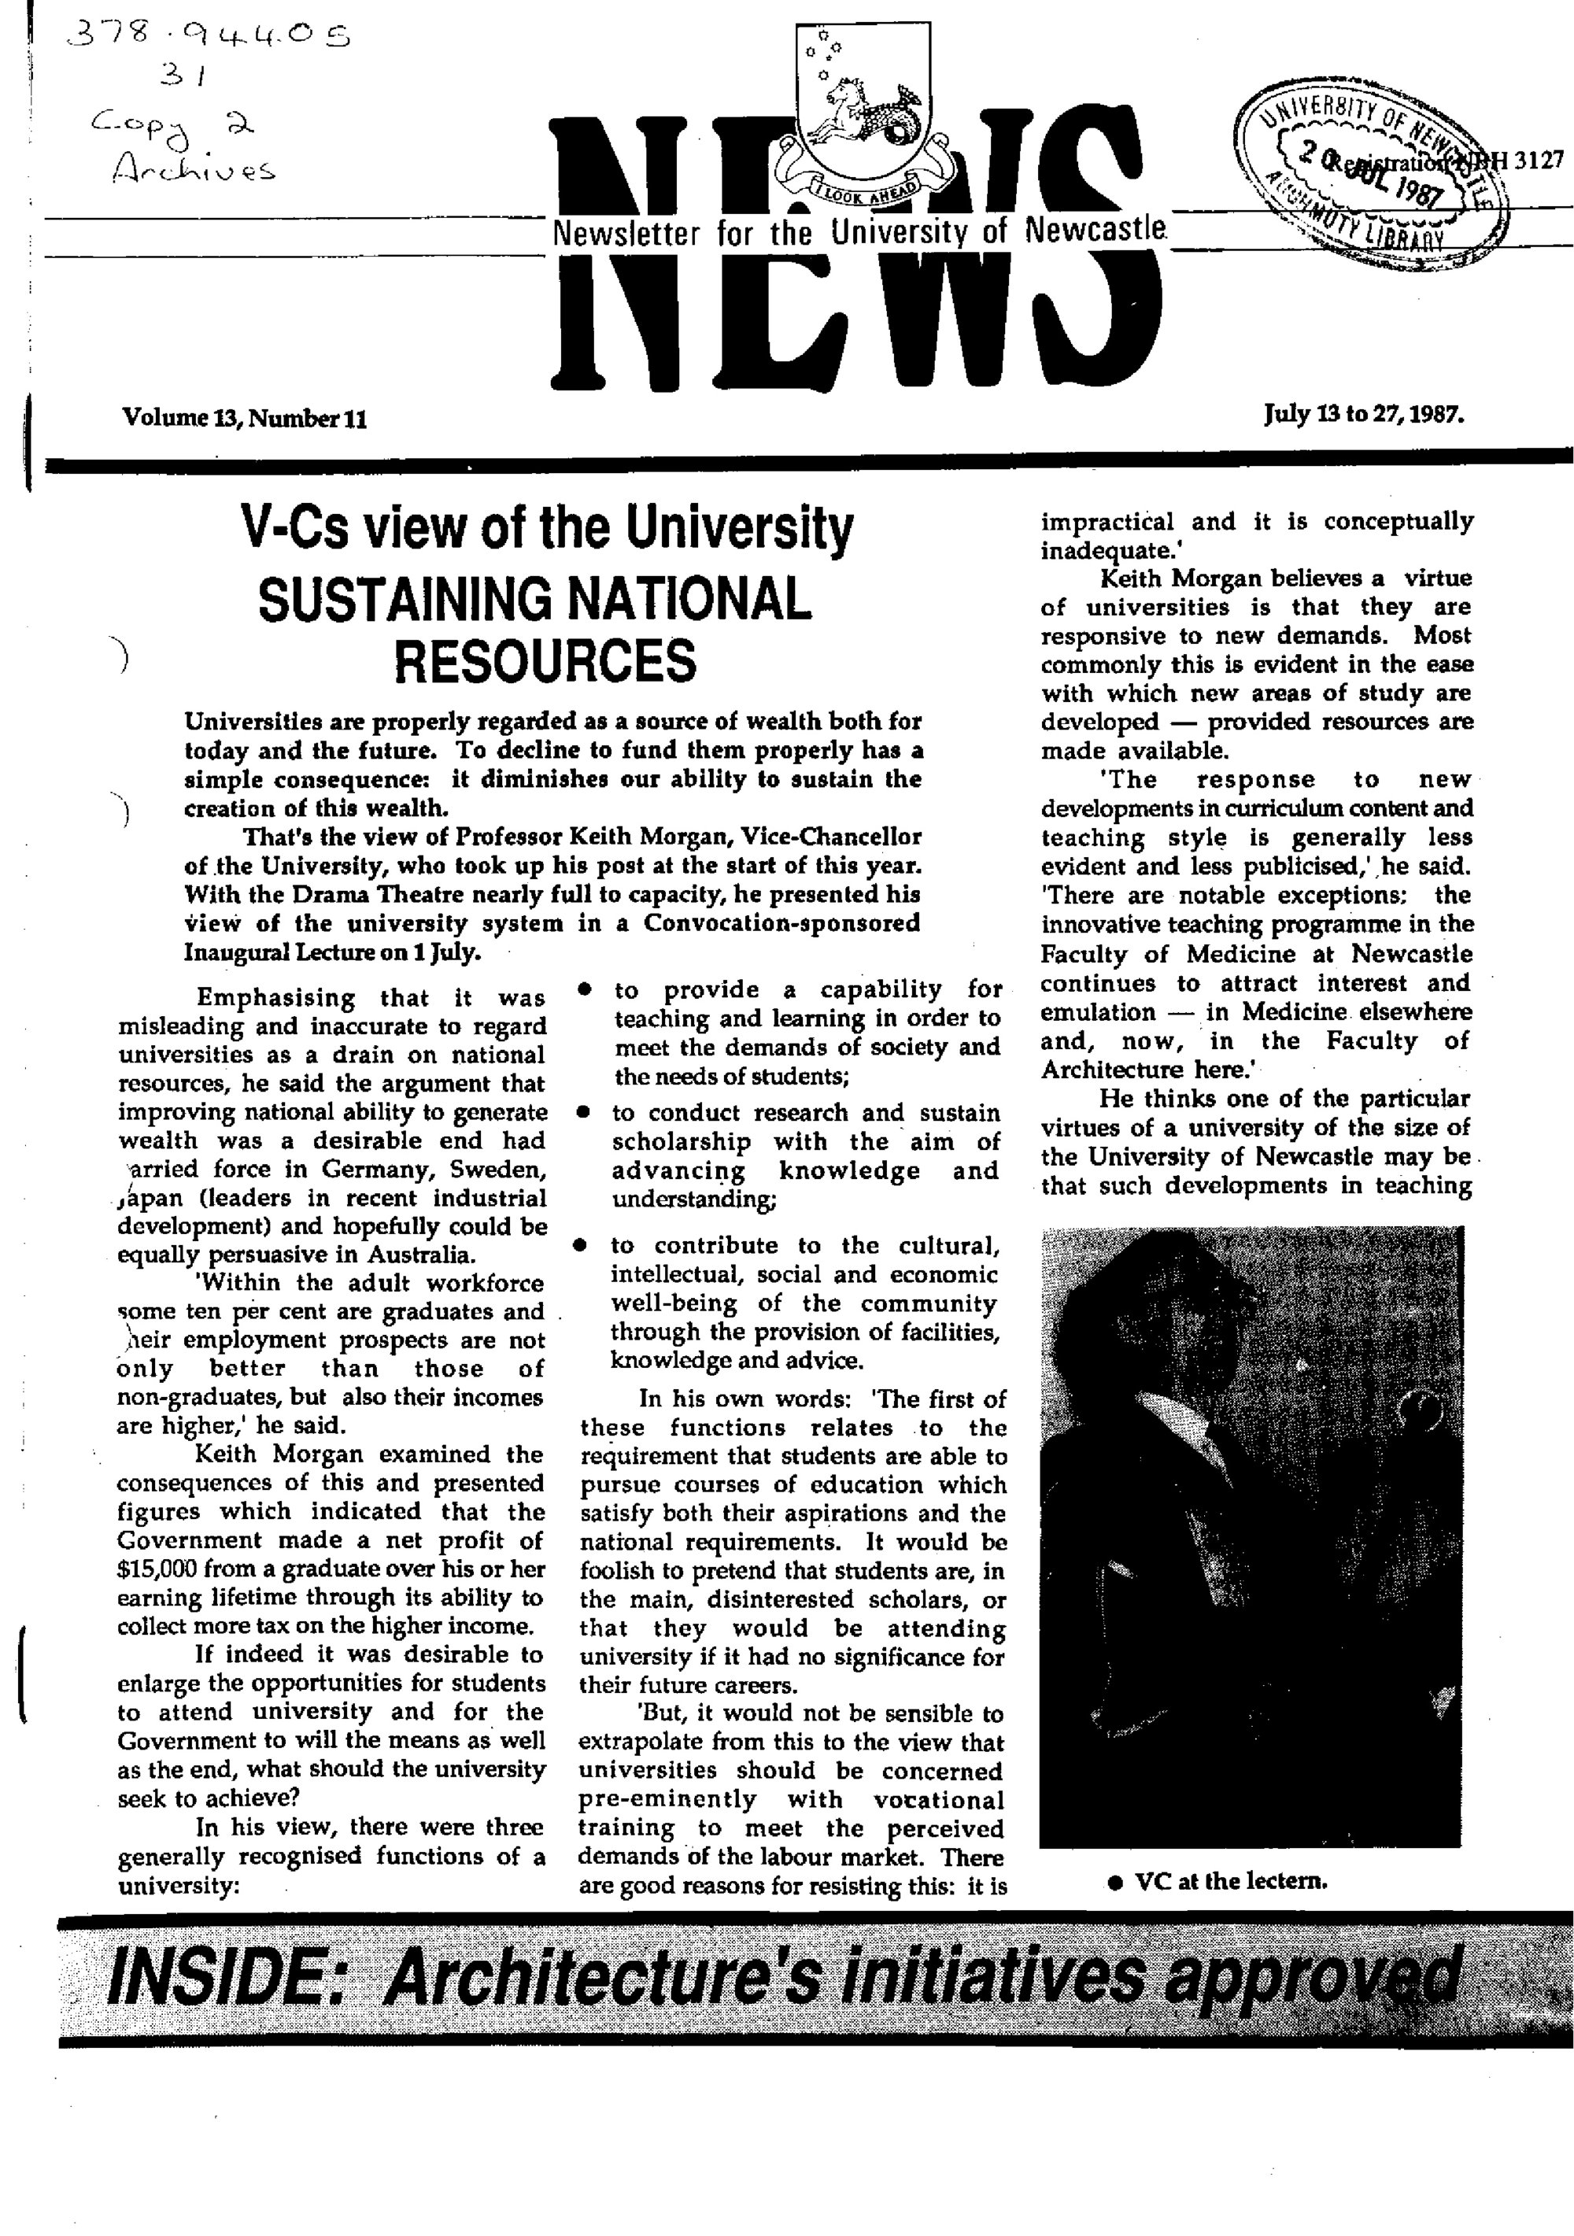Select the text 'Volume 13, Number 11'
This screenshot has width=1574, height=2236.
pyautogui.click(x=245, y=419)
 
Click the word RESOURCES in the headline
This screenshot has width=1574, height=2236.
pyautogui.click(x=545, y=661)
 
